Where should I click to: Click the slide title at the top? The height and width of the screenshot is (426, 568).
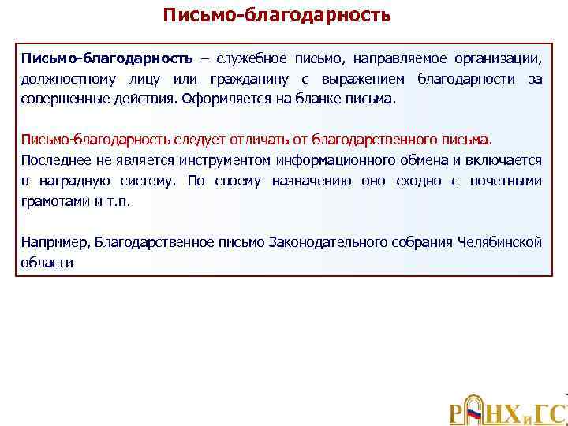[276, 15]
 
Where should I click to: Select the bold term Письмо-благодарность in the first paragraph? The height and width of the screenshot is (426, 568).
[106, 59]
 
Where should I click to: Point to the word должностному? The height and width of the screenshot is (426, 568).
[69, 80]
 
